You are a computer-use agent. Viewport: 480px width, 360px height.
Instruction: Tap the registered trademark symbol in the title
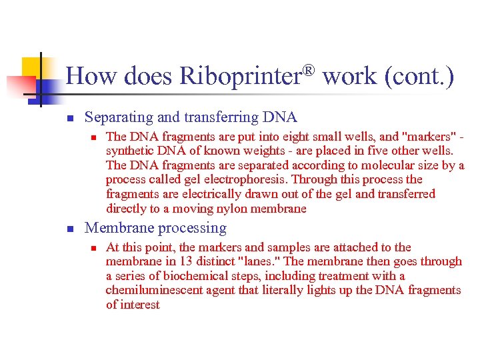308,69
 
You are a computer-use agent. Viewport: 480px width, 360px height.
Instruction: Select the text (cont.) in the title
419,76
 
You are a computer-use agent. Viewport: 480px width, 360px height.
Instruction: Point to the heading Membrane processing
155,228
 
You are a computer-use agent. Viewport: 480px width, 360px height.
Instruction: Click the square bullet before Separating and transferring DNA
69,119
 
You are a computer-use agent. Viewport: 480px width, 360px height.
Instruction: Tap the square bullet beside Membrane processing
69,229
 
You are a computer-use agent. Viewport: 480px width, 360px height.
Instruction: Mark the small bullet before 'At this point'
94,248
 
